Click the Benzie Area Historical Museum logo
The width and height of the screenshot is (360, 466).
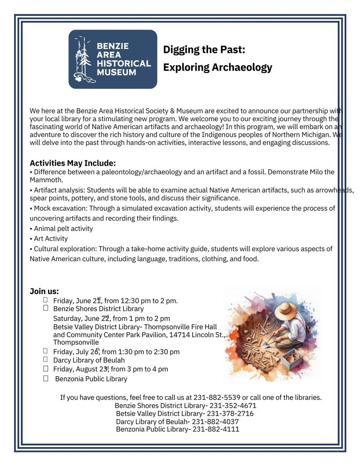pos(112,59)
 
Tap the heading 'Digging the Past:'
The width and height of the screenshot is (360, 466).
pos(204,49)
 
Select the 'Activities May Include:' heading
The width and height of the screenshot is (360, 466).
pos(73,163)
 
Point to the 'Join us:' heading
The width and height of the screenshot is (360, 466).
pos(44,291)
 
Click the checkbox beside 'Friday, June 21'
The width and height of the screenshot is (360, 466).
pos(46,300)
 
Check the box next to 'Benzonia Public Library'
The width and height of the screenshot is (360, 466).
pos(46,378)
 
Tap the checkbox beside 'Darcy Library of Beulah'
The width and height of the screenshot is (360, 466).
pos(46,359)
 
